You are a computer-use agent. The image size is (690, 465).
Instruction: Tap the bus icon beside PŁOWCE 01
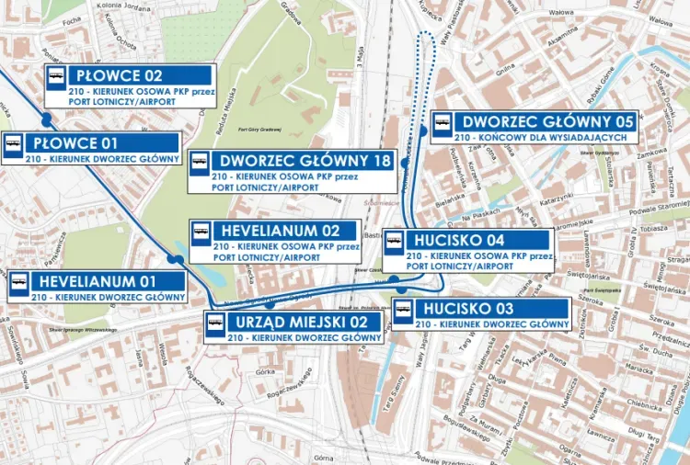pos(14,145)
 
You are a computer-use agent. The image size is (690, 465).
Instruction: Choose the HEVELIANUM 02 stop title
pos(275,230)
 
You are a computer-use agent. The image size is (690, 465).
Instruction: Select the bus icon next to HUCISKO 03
pos(403,312)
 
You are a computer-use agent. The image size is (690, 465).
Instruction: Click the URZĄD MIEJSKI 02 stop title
pos(305,322)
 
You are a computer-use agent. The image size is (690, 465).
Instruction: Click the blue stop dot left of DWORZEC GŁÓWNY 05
pos(422,130)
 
